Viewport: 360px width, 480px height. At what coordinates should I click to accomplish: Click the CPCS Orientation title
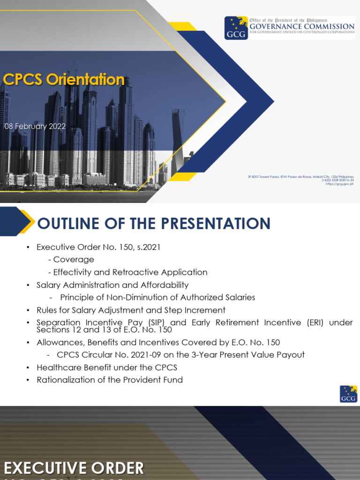coord(64,80)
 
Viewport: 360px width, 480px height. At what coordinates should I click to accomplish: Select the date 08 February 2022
coord(35,127)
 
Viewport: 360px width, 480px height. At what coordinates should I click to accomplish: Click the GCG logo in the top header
coord(236,28)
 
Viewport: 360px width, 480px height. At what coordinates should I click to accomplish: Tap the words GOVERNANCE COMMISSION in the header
coord(301,27)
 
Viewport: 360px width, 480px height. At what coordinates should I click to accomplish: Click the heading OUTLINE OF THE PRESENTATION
coord(154,223)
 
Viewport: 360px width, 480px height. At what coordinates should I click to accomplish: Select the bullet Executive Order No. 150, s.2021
coord(98,247)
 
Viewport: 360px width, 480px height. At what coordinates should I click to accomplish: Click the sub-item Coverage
coord(73,260)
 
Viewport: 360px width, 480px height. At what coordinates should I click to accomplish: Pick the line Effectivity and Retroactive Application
coord(130,272)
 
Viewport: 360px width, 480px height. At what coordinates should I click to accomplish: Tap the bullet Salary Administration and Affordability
coord(112,285)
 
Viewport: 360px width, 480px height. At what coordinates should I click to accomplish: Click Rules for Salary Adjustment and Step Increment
coord(131,310)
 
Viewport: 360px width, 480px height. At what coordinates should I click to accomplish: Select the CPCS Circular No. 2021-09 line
coord(180,355)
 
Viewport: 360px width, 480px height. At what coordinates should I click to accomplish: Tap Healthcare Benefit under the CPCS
coord(107,367)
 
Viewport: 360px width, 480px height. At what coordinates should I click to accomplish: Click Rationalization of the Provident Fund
coord(110,380)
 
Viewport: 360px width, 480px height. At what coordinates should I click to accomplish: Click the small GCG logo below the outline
coord(348,394)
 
